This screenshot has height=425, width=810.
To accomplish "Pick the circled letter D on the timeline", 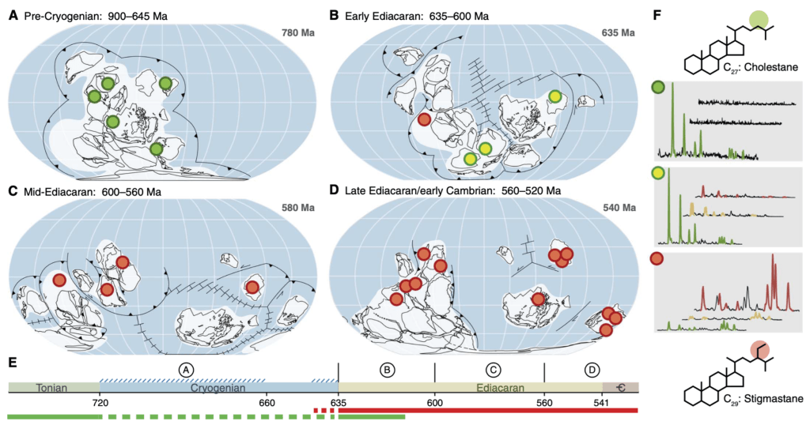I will (592, 370).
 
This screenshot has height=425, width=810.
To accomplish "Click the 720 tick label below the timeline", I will (100, 401).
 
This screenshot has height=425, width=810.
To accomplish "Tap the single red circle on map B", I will (424, 120).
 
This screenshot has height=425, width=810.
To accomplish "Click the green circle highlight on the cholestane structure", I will (759, 18).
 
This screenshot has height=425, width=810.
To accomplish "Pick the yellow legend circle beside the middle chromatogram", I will (657, 174).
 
